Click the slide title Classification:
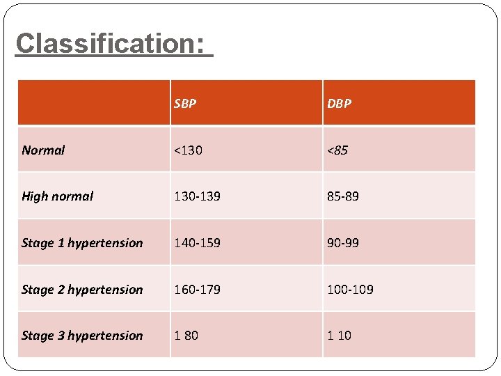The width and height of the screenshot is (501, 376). (x=113, y=43)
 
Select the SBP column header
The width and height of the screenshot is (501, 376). (x=185, y=104)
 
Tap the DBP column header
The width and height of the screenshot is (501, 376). (x=340, y=104)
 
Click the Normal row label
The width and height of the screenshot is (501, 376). (x=43, y=150)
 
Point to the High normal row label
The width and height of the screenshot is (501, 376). (x=57, y=196)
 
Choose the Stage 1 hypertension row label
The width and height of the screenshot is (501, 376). (x=82, y=243)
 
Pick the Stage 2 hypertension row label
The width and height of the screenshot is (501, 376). (x=82, y=290)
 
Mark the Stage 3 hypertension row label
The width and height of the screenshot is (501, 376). (x=82, y=336)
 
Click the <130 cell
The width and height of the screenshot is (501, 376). (x=188, y=150)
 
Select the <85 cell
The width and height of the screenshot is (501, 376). (x=337, y=150)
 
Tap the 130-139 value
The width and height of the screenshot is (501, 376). (x=197, y=196)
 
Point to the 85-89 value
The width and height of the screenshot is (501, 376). (x=343, y=196)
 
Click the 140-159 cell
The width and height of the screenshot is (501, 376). (x=197, y=243)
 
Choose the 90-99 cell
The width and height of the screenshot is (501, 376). (x=343, y=243)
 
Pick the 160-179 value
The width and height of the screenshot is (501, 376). (x=197, y=290)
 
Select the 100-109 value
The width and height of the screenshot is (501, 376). (x=350, y=290)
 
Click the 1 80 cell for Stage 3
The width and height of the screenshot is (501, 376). (x=186, y=336)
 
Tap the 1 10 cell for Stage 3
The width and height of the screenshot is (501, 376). (x=339, y=336)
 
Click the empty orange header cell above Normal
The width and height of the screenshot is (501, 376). (x=94, y=103)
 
